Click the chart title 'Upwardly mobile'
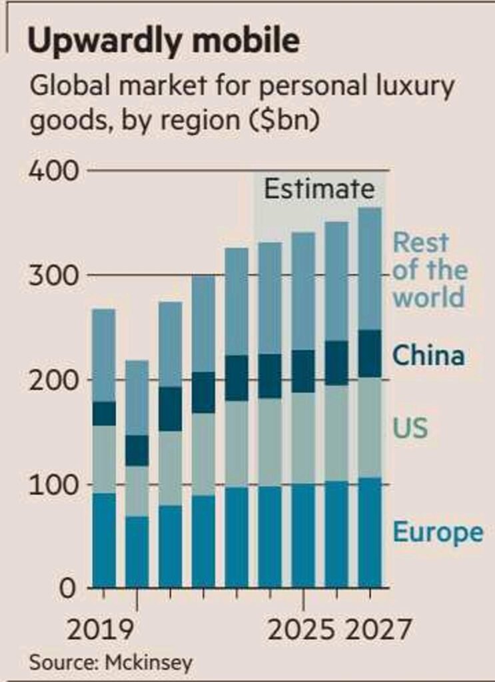coord(163,41)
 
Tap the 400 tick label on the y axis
coord(53,171)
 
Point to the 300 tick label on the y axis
coord(53,276)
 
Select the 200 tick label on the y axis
coord(53,380)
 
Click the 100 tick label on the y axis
coord(53,485)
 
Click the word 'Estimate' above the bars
coord(319,189)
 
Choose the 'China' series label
coord(428,355)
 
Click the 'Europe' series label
coord(437,533)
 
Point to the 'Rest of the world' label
coord(429,270)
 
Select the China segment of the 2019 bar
coord(103,414)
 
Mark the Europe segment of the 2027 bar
coord(370,532)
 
